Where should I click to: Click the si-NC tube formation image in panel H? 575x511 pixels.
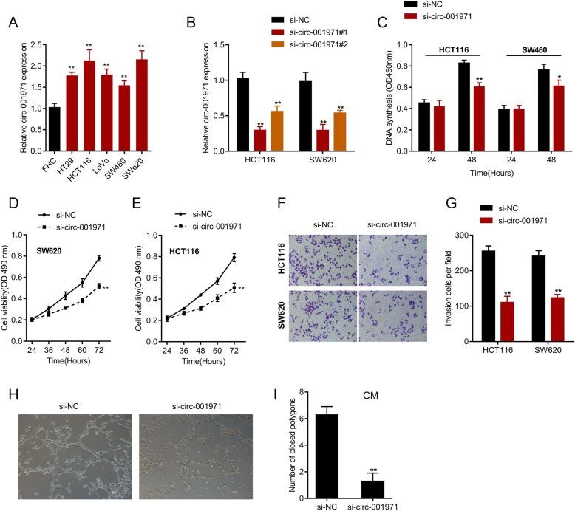coord(73,453)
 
